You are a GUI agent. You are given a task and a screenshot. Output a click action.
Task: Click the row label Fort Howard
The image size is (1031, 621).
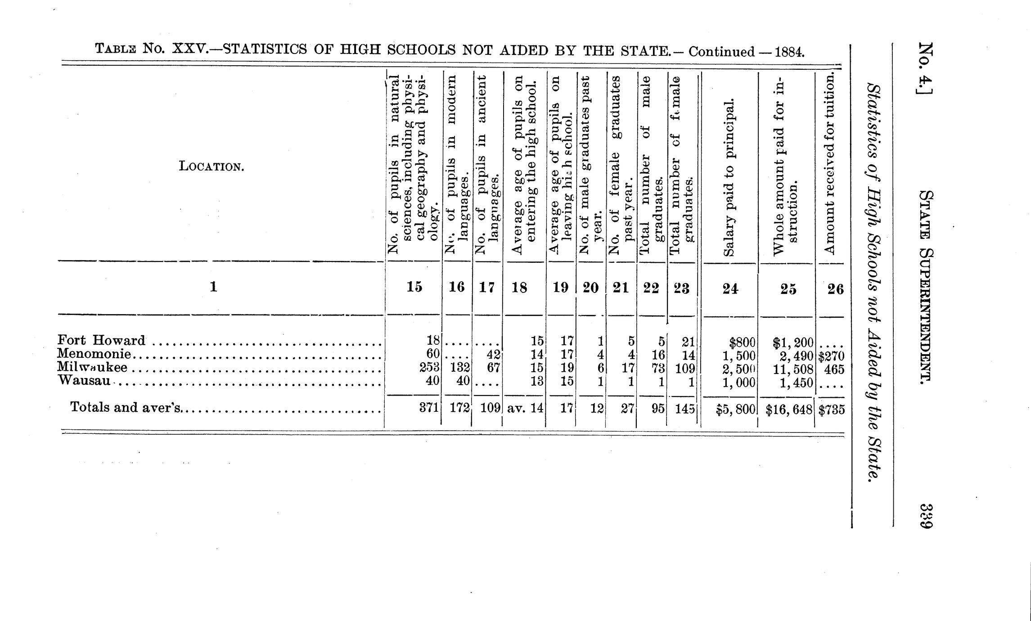[x=101, y=341]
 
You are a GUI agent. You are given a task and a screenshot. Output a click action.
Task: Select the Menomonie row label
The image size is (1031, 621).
[x=94, y=354]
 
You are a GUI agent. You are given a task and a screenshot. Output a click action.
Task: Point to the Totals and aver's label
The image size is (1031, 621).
[x=126, y=408]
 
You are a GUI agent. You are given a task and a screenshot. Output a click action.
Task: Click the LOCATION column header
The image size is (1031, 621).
[x=212, y=167]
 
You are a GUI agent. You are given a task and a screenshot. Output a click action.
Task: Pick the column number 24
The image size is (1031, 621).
[x=730, y=288]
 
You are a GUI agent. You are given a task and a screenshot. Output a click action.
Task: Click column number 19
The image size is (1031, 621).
[x=560, y=287]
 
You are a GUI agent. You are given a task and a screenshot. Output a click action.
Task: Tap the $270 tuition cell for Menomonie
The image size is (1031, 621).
[x=831, y=356]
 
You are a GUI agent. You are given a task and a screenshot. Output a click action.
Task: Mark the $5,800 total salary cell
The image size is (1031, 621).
[x=736, y=410]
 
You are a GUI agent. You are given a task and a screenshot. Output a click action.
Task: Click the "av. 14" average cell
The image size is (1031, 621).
[x=525, y=409]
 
